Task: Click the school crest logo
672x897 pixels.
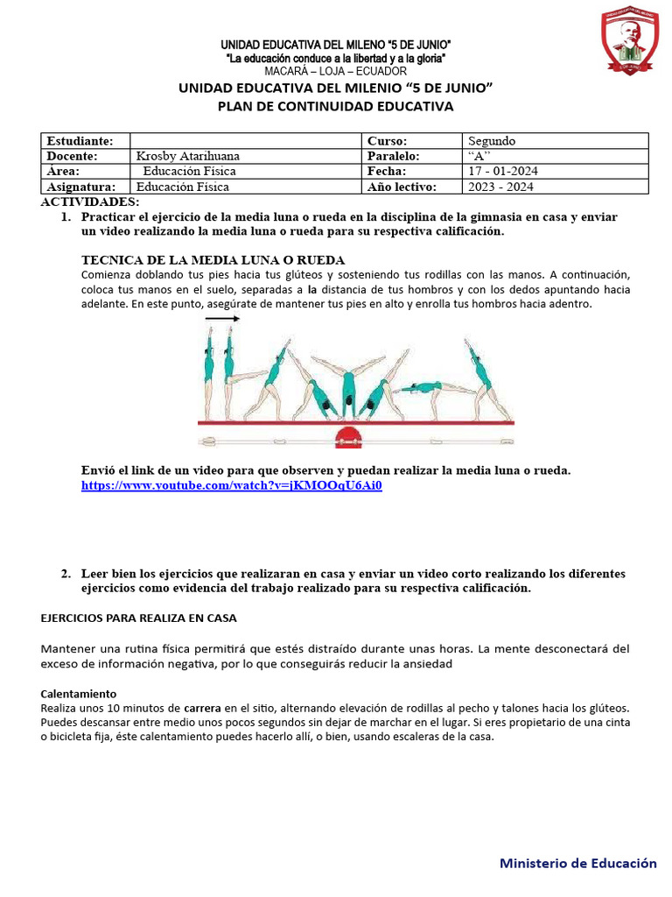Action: click(630, 42)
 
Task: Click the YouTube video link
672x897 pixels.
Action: click(231, 485)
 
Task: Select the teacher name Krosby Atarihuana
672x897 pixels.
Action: click(188, 156)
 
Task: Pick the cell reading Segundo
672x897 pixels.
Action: click(492, 141)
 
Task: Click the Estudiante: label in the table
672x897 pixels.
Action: click(80, 141)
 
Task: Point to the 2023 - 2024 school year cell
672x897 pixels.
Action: click(500, 187)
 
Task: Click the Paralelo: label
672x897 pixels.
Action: click(393, 156)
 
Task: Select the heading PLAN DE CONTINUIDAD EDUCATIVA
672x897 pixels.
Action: click(336, 107)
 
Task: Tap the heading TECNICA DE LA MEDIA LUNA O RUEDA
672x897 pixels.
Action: click(213, 260)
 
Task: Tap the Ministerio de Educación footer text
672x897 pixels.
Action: click(577, 863)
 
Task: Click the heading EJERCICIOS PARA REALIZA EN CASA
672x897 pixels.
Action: click(139, 618)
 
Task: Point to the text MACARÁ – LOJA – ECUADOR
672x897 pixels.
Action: click(336, 70)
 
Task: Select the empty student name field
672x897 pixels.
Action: click(245, 141)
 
